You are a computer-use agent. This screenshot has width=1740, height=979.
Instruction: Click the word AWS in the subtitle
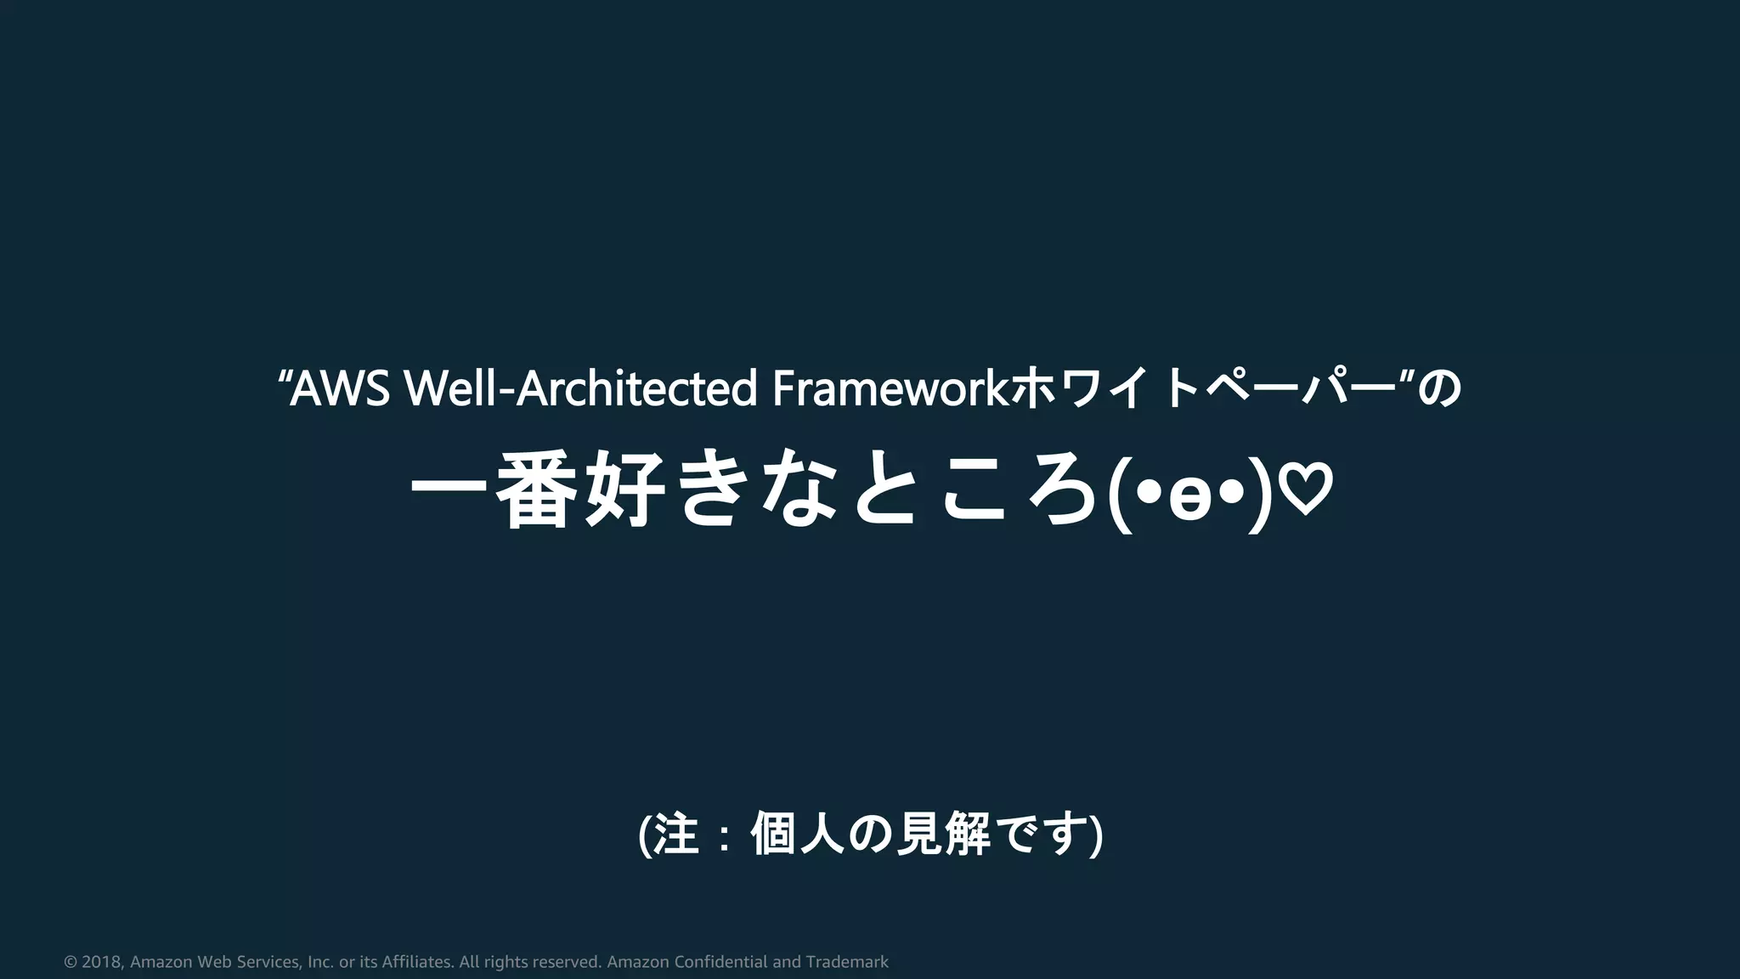click(340, 389)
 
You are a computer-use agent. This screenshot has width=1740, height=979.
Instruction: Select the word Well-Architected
click(579, 389)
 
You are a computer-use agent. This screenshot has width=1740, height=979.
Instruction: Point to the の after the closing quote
click(1442, 389)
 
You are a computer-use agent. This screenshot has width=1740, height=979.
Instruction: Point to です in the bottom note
click(1046, 835)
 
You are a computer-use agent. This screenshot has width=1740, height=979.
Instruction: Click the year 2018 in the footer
click(102, 962)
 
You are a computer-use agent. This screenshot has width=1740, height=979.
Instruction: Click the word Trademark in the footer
click(847, 962)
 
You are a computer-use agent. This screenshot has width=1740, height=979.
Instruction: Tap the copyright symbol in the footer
click(71, 962)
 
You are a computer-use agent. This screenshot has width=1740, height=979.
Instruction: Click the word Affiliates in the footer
click(417, 962)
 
